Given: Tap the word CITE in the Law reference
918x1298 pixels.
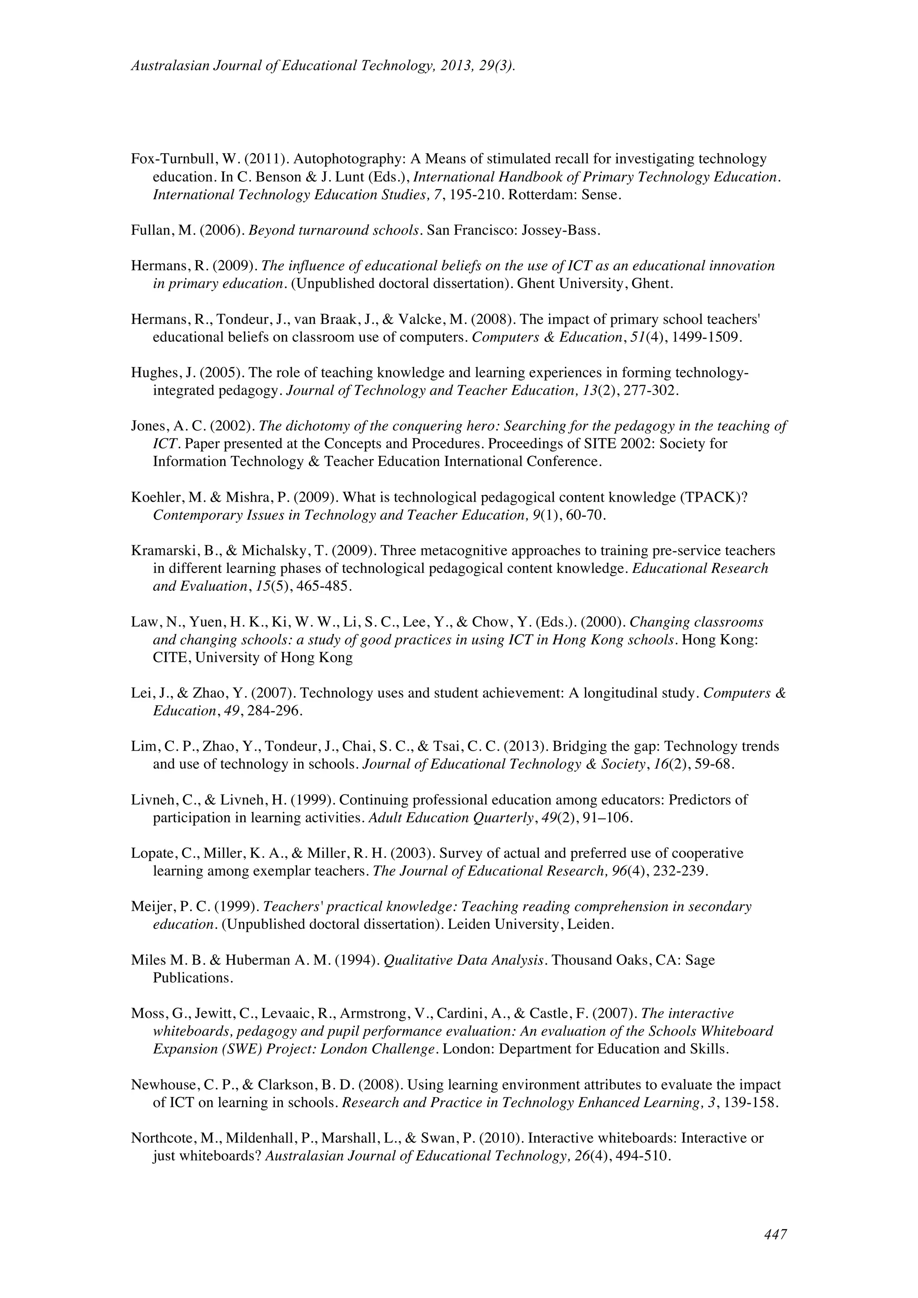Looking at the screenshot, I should pos(170,658).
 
